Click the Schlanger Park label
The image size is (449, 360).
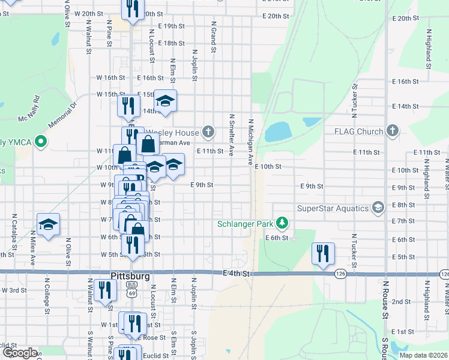(x=246, y=224)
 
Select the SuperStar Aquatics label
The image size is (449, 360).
(x=333, y=208)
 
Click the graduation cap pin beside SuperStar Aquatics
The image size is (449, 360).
(x=378, y=208)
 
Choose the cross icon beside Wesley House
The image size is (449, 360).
(x=208, y=131)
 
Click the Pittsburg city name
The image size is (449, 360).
(x=130, y=276)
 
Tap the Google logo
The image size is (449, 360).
(x=20, y=353)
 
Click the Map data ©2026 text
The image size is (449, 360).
(x=423, y=355)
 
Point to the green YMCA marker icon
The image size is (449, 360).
(x=41, y=142)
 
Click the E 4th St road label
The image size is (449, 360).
(x=235, y=273)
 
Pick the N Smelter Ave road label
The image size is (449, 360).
(x=231, y=134)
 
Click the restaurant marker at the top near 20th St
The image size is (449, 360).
(x=133, y=8)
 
